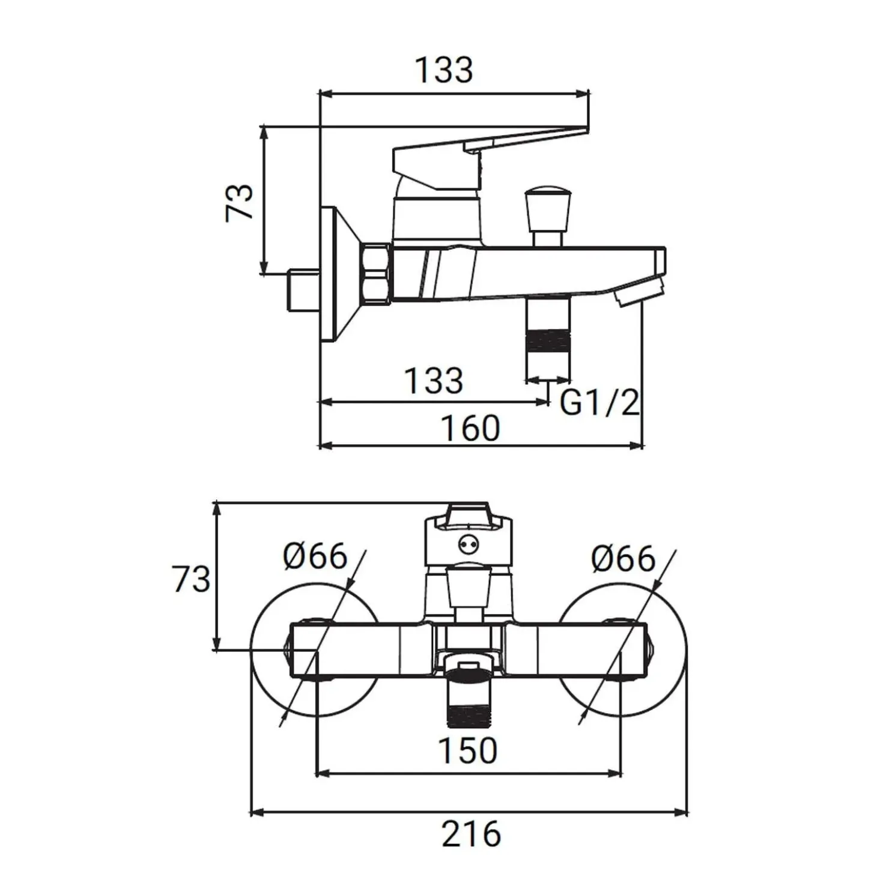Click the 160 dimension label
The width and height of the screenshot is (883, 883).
click(470, 429)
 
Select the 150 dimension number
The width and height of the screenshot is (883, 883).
click(468, 750)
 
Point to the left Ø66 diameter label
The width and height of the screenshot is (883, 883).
click(315, 556)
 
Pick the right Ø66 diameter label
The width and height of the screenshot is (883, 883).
click(623, 559)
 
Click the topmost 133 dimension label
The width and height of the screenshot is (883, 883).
click(443, 70)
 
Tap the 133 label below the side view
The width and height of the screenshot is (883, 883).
click(434, 381)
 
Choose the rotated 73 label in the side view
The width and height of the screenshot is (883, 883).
click(240, 202)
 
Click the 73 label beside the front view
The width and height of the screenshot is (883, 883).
click(192, 579)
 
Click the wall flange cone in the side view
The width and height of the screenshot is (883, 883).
click(342, 274)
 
